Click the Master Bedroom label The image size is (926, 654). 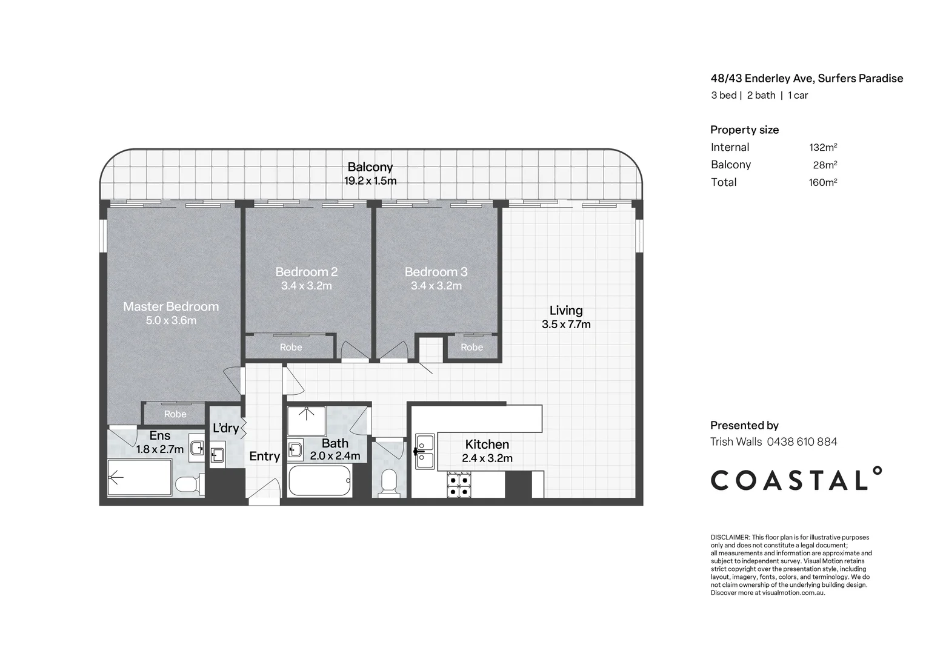[x=171, y=306]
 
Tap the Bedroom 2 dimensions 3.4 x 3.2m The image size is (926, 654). [x=306, y=286]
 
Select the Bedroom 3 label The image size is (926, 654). [x=436, y=272]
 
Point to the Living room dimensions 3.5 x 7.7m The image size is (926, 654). [x=566, y=325]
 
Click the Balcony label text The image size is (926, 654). [x=370, y=167]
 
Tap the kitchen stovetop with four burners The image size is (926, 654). [x=459, y=485]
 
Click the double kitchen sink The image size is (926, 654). [x=425, y=452]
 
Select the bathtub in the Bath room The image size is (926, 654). [x=319, y=480]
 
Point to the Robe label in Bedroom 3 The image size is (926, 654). [x=471, y=348]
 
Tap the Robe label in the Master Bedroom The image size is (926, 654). [x=175, y=414]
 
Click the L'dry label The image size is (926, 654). [x=225, y=428]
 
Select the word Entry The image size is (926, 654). [x=265, y=457]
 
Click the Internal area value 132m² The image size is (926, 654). [x=823, y=147]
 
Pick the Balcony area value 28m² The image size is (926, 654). [x=825, y=165]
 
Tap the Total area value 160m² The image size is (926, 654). [x=823, y=182]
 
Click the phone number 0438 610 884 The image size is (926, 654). [x=802, y=441]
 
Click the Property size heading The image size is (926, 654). [x=745, y=130]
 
